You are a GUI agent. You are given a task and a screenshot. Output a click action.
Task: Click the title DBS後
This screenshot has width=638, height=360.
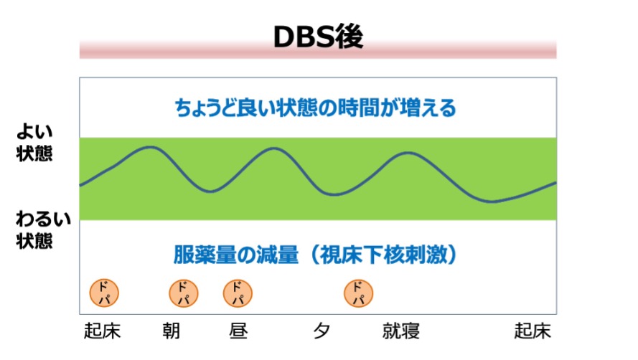tap(318, 37)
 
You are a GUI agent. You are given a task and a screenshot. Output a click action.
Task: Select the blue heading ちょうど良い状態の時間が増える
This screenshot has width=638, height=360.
tap(315, 108)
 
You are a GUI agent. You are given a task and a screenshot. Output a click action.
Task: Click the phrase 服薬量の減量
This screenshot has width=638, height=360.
tap(236, 255)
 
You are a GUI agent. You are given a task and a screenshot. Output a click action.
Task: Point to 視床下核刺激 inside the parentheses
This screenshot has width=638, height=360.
tap(383, 255)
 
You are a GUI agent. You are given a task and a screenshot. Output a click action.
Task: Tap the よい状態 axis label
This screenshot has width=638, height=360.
tap(34, 143)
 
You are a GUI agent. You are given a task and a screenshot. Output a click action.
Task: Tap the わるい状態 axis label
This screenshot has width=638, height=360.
tap(44, 229)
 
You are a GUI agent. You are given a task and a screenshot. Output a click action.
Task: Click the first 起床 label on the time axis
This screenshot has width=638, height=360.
tap(102, 331)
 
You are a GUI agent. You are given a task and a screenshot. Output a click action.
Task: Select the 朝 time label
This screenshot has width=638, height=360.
tap(171, 331)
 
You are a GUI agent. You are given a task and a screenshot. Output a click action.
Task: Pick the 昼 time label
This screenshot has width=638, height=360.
tap(238, 331)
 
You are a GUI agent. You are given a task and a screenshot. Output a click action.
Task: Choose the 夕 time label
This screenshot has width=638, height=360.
tap(322, 331)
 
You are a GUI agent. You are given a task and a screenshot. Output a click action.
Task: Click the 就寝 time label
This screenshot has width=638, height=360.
tap(400, 331)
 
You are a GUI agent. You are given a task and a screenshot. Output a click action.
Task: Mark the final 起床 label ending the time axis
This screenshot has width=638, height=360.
tap(533, 331)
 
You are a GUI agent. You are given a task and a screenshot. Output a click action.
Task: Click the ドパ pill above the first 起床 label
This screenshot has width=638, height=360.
tap(104, 293)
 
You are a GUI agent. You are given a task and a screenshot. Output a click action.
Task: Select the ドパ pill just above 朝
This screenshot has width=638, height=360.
tap(184, 293)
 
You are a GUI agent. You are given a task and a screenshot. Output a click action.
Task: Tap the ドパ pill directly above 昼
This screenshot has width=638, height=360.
tap(238, 293)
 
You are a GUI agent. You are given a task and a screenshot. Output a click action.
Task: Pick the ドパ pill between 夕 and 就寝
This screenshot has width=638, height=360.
tap(358, 293)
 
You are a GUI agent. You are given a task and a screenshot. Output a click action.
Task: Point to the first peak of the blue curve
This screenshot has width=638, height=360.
tap(150, 147)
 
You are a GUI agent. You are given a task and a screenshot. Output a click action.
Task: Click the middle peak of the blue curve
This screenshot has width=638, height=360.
tap(274, 149)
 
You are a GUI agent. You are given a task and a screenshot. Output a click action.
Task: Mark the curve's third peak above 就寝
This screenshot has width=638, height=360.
tap(408, 153)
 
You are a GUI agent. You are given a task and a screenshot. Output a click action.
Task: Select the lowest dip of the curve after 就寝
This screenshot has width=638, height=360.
tap(492, 202)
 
